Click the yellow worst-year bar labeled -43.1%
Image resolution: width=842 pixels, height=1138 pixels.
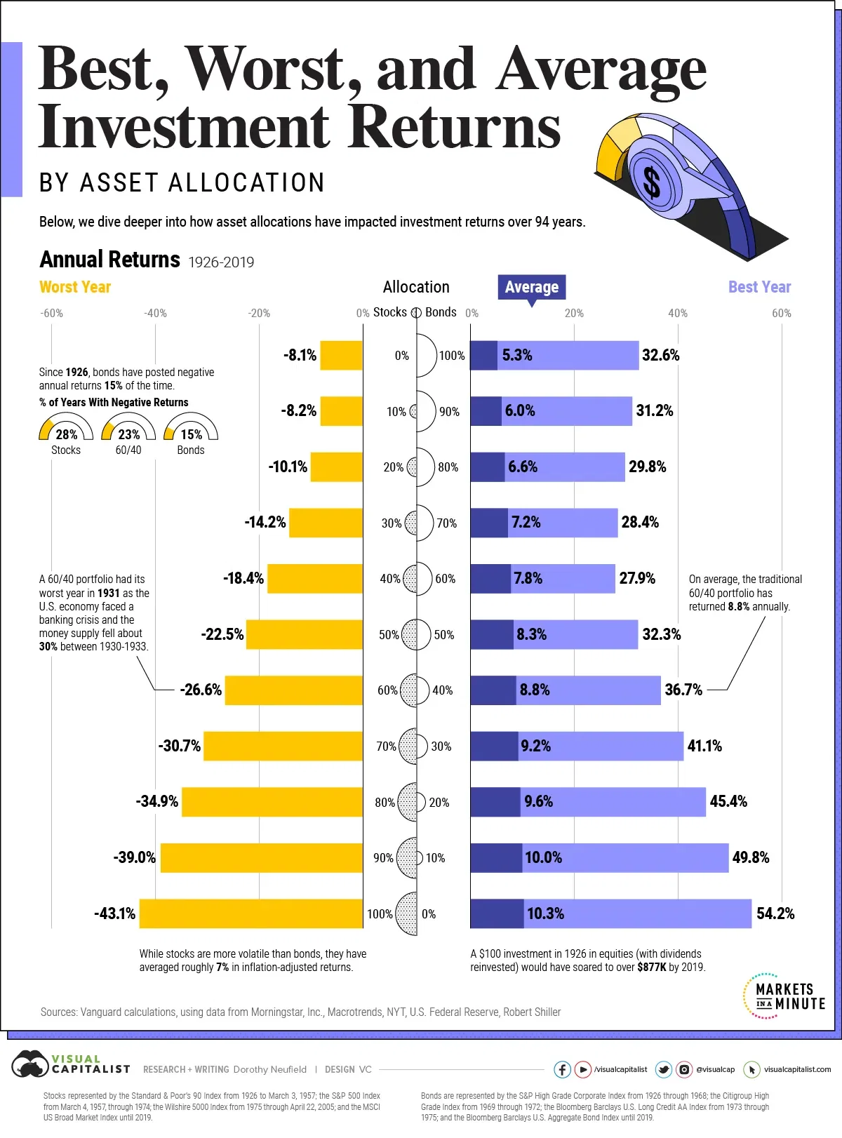tap(251, 913)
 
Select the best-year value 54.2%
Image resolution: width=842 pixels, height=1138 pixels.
tap(775, 913)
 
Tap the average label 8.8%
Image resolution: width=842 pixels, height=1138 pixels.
tap(535, 690)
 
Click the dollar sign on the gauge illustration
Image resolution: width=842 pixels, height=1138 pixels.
tap(652, 182)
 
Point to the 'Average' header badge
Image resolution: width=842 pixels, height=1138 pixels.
tap(532, 287)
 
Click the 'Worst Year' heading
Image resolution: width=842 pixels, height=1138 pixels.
tap(75, 287)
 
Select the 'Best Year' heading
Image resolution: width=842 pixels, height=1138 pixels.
tap(759, 287)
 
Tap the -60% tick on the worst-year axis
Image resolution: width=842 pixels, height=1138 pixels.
tap(51, 313)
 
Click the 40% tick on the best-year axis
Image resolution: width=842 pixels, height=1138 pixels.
tap(677, 313)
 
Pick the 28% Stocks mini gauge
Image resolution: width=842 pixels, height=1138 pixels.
tap(66, 429)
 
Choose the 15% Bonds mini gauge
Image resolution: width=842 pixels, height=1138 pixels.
tap(191, 429)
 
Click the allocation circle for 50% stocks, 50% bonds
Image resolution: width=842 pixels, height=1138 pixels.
tap(417, 634)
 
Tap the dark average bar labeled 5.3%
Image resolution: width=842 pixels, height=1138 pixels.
tap(483, 355)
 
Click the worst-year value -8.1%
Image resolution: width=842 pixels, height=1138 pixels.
tap(300, 355)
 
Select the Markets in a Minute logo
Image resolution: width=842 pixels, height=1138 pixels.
tap(784, 996)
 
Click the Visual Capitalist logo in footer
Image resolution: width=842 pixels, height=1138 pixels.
tap(70, 1066)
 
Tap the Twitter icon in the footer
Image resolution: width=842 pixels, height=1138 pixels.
tap(663, 1069)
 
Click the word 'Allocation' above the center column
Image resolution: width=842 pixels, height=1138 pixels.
tap(416, 287)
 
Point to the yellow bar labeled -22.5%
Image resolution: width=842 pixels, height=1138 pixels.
tap(305, 634)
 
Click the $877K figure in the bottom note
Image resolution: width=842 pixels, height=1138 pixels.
tap(651, 967)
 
